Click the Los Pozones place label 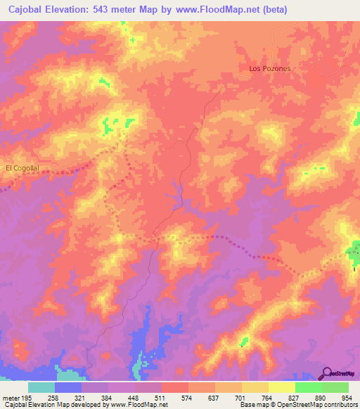tap(270, 68)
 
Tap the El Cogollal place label tap(22, 168)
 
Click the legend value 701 tap(229, 398)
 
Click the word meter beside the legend tap(10, 398)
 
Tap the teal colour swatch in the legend tap(41, 387)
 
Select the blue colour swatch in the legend tap(68, 387)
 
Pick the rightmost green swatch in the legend tap(335, 387)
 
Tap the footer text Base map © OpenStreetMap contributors tap(298, 405)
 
